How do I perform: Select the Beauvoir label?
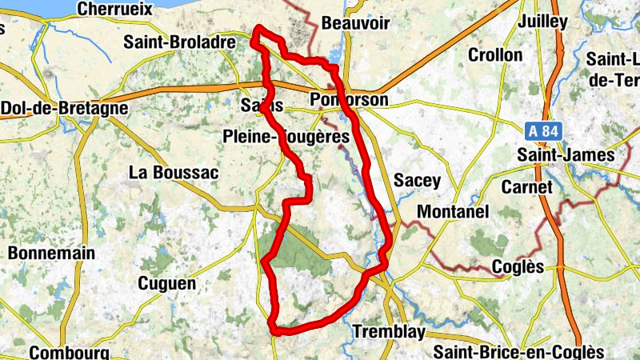click(x=354, y=23)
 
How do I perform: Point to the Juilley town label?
click(x=542, y=22)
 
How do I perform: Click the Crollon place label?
click(x=495, y=55)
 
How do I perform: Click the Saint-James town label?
click(x=566, y=154)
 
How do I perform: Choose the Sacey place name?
click(x=418, y=180)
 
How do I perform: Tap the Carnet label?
click(x=526, y=186)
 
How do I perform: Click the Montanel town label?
click(x=453, y=212)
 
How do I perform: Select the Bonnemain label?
click(x=52, y=253)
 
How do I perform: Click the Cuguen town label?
click(x=166, y=283)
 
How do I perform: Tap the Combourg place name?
click(x=69, y=352)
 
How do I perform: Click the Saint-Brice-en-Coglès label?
click(x=518, y=352)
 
